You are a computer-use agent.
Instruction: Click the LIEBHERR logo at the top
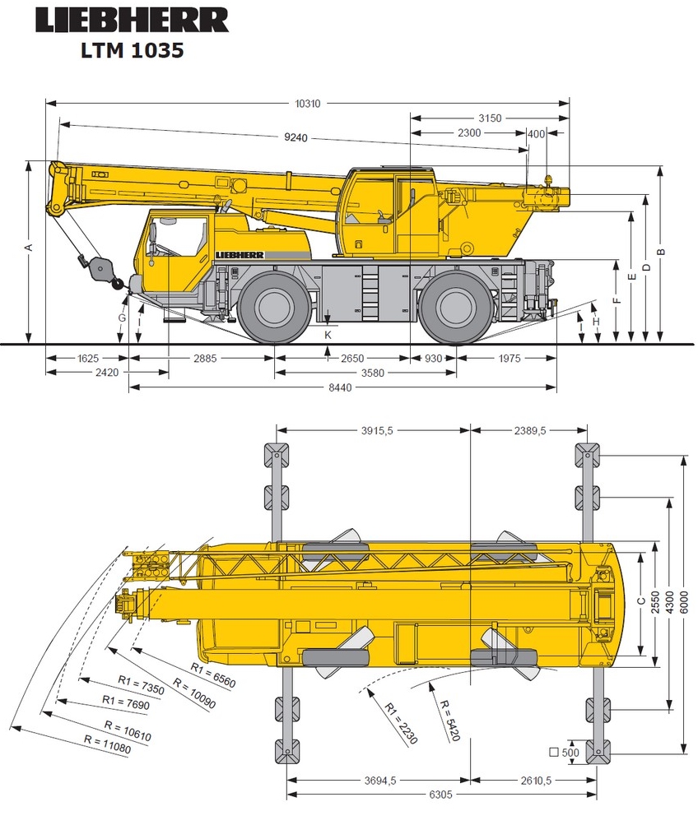132,20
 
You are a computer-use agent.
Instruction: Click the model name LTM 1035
133,50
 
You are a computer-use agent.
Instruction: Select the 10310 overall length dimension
307,103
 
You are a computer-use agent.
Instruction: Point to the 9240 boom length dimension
295,137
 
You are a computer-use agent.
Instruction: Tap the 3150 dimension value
490,118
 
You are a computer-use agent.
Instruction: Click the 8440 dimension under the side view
340,387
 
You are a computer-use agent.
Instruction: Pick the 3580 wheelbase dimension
373,373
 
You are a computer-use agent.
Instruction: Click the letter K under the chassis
328,335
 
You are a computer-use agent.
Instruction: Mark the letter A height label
30,248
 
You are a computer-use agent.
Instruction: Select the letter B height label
662,252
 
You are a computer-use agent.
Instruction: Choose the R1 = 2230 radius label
401,724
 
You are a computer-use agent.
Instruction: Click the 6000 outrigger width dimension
684,604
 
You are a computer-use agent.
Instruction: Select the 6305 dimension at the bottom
440,794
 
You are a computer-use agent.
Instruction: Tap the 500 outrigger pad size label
565,753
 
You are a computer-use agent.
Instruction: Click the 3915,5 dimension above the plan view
377,430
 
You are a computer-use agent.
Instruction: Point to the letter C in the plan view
640,601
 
